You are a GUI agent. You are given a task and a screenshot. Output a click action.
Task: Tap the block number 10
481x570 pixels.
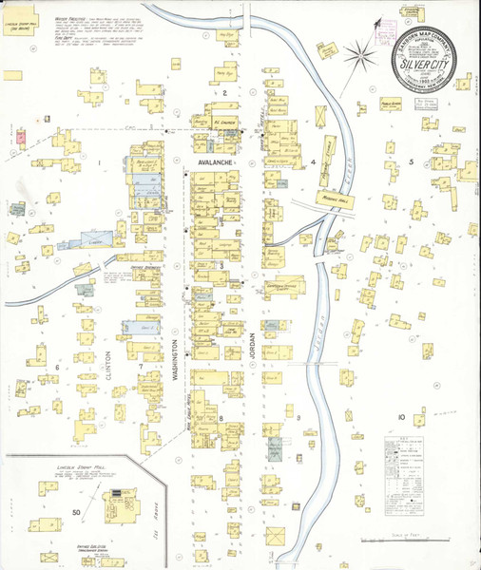(402, 418)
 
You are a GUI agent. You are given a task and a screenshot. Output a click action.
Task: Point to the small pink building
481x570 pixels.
(18, 137)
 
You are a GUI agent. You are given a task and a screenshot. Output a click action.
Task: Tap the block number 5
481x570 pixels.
(411, 162)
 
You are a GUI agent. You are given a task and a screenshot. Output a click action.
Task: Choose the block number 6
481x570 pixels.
(57, 367)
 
